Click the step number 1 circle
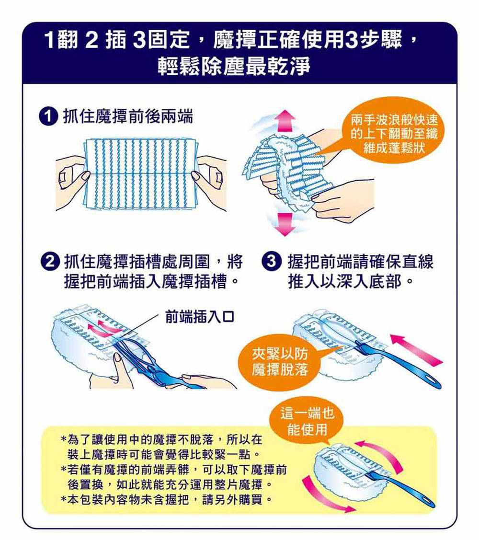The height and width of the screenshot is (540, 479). click(48, 117)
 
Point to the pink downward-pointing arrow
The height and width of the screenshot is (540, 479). click(285, 224)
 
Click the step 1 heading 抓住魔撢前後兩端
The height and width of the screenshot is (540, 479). click(128, 117)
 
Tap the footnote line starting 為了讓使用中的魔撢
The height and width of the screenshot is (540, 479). click(162, 439)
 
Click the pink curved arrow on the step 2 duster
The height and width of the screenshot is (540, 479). click(103, 326)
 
